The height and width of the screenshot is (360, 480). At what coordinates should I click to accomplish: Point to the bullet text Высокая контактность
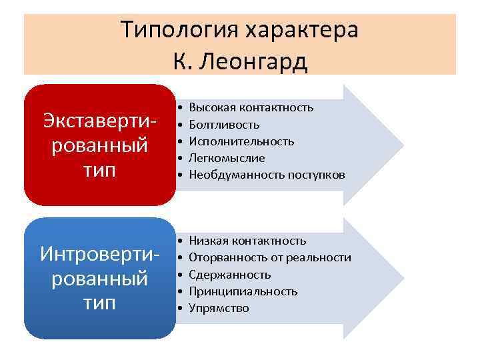coord(251,107)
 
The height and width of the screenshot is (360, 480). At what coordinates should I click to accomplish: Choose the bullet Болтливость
coord(224,125)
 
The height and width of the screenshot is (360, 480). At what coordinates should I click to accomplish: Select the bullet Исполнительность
coord(241,141)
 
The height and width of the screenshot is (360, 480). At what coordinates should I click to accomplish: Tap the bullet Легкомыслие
coord(227,158)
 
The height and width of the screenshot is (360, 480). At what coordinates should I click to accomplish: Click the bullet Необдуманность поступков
coord(267,175)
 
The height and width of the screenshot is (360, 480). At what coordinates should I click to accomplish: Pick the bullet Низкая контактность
coord(247,241)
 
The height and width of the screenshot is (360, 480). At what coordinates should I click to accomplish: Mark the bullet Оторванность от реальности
coord(269,257)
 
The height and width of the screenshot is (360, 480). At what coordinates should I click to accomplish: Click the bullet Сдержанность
coord(229,275)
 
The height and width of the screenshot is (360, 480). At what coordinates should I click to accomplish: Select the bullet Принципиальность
coord(243,291)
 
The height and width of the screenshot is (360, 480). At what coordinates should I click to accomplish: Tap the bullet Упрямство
coord(219,308)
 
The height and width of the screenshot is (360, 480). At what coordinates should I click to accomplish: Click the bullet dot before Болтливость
coord(181,125)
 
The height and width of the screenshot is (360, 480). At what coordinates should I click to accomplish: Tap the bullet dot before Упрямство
coord(181,308)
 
